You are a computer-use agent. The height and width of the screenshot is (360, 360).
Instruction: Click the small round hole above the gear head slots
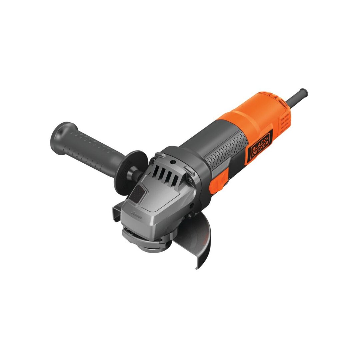pos(173,162)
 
